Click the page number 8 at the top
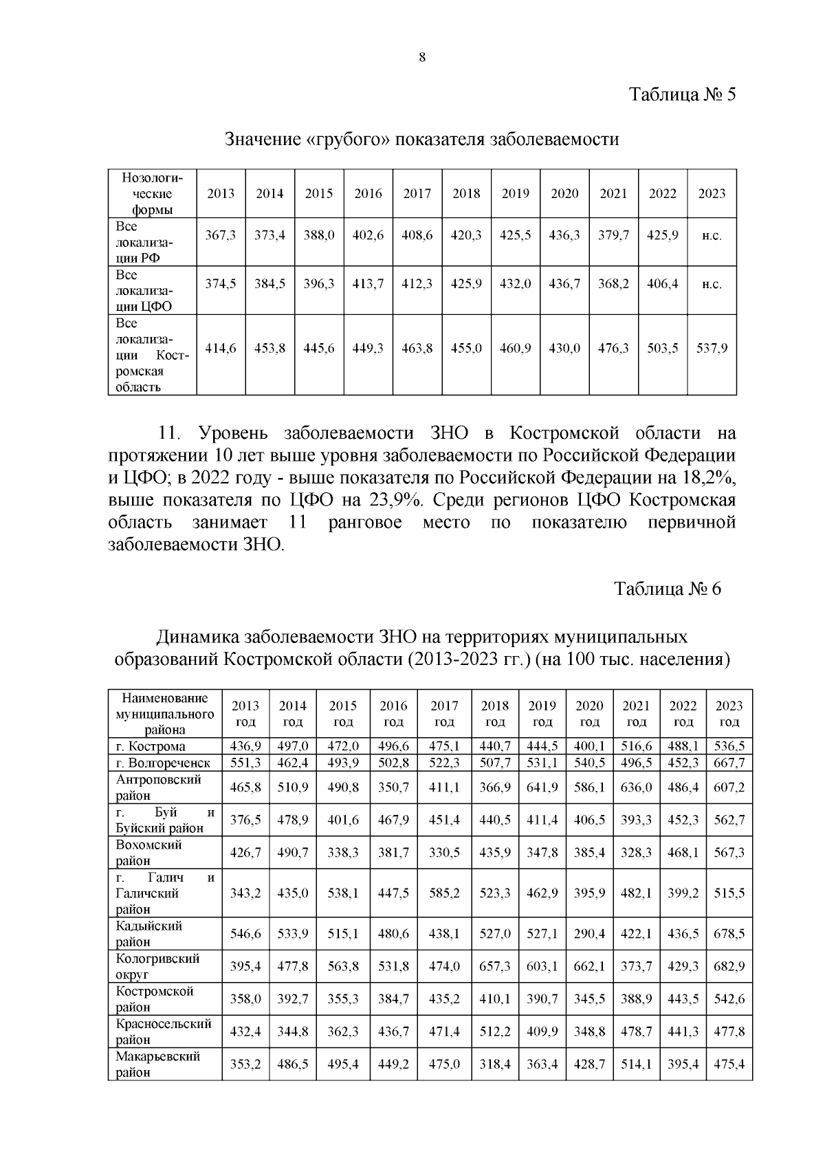pyautogui.click(x=422, y=58)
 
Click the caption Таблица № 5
pyautogui.click(x=683, y=95)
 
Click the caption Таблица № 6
pyautogui.click(x=668, y=589)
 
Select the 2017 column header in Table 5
pyautogui.click(x=417, y=193)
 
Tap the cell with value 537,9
pyautogui.click(x=712, y=349)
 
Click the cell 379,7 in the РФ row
pyautogui.click(x=613, y=235)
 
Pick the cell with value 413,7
pyautogui.click(x=368, y=283)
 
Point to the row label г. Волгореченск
pyautogui.click(x=164, y=763)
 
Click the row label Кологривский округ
pyautogui.click(x=158, y=966)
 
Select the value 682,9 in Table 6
pyautogui.click(x=729, y=966)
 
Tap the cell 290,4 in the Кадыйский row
pyautogui.click(x=589, y=934)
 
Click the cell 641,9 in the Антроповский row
pyautogui.click(x=542, y=787)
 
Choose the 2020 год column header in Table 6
pyautogui.click(x=589, y=713)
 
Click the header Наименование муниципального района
pyautogui.click(x=165, y=713)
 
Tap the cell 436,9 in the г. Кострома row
pyautogui.click(x=245, y=746)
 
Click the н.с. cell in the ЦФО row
pyautogui.click(x=712, y=284)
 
